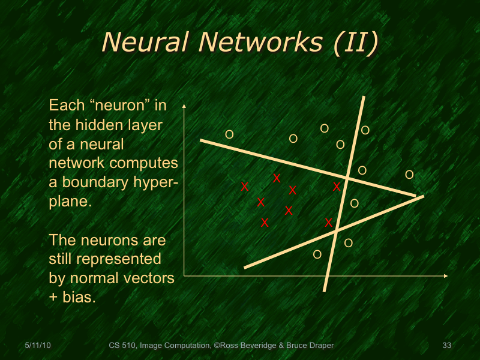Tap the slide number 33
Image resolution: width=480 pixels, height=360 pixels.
(446, 345)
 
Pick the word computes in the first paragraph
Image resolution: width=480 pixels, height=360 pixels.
(147, 164)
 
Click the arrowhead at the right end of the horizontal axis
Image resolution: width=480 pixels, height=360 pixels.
(445, 276)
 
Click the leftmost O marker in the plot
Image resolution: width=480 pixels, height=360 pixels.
(229, 134)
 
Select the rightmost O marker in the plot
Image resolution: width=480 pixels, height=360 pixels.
(409, 175)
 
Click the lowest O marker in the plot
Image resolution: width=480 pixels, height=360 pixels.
(317, 254)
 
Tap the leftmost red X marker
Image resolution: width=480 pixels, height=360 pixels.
(245, 187)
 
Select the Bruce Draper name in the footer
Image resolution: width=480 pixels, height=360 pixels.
(308, 345)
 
